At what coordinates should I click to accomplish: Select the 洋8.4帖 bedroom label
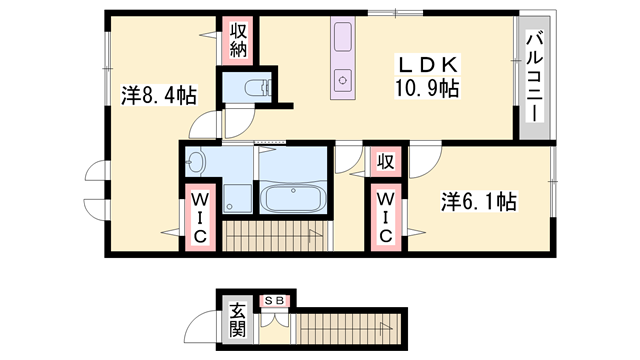[159, 96]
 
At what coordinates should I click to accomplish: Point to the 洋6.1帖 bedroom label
[478, 202]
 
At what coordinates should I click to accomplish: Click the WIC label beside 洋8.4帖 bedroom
[200, 218]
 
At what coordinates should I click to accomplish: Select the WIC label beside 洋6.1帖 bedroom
[385, 217]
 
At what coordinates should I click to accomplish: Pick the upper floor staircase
[270, 238]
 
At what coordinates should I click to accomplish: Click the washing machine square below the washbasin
[238, 198]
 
